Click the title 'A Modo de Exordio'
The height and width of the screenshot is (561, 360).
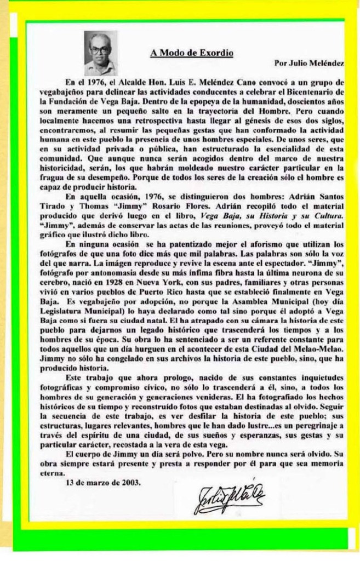click(192, 53)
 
